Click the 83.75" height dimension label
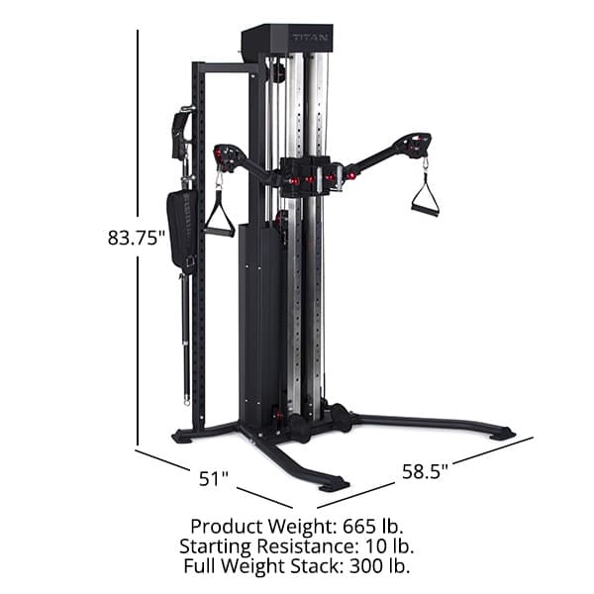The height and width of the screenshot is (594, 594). [x=136, y=238]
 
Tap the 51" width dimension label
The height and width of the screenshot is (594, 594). [x=214, y=479]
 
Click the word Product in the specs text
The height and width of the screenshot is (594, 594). [x=224, y=526]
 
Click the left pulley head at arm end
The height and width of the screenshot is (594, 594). [x=229, y=156]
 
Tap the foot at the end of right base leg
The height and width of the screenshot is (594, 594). [x=502, y=433]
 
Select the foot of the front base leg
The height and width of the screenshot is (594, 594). [x=333, y=483]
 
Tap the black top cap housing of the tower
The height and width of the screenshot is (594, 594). [x=287, y=40]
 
